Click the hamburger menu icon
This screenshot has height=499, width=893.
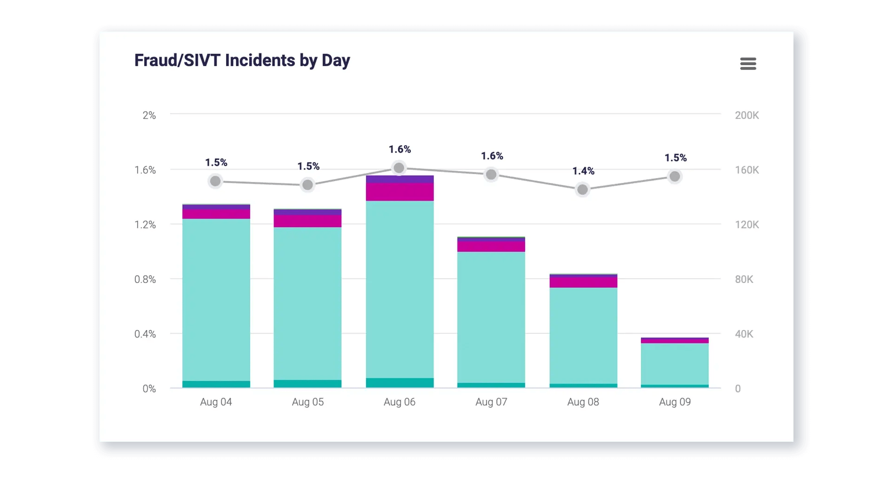point(748,64)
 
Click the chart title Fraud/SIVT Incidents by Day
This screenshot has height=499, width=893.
point(242,61)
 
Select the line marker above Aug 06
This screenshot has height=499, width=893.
point(399,168)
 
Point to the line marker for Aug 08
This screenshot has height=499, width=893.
point(582,189)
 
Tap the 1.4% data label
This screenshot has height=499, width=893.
point(583,171)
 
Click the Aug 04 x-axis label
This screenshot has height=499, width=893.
point(216,402)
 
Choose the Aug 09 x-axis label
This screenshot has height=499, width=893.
point(674,402)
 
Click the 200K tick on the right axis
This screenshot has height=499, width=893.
point(746,115)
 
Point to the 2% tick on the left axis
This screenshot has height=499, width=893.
point(149,115)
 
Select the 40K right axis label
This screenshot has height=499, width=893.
point(744,334)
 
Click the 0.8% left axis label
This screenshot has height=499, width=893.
point(145,280)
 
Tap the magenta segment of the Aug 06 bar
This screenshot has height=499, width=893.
point(400,192)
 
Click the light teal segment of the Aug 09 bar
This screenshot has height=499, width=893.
point(674,364)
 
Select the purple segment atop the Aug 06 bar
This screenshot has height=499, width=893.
point(400,179)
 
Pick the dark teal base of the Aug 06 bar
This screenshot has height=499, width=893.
point(400,383)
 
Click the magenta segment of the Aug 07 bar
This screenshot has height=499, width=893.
point(491,246)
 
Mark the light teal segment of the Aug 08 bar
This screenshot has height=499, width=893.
point(583,335)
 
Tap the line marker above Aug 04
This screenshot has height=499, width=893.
point(215,181)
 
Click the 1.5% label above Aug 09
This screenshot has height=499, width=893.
point(675,158)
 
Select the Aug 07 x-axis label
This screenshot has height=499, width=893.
point(491,402)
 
